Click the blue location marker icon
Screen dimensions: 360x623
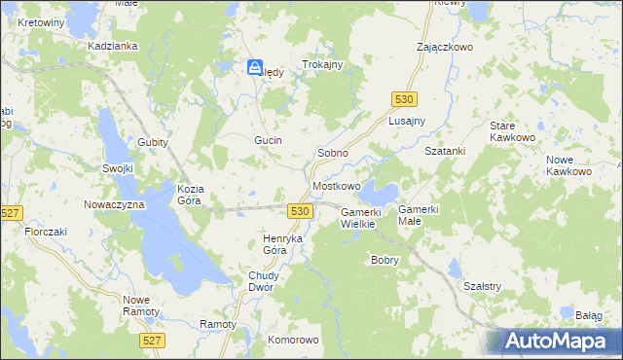tap(255, 68)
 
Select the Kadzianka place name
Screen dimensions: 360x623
tap(110, 46)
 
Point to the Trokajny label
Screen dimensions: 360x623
tap(324, 64)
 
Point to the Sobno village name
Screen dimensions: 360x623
tap(334, 154)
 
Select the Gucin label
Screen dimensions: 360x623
tap(268, 140)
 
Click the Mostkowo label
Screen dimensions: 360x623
tap(337, 185)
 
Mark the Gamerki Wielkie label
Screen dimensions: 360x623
tap(365, 217)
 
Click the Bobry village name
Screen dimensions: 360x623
tap(385, 260)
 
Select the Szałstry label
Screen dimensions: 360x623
tap(482, 286)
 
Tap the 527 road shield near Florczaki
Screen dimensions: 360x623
tap(12, 213)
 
